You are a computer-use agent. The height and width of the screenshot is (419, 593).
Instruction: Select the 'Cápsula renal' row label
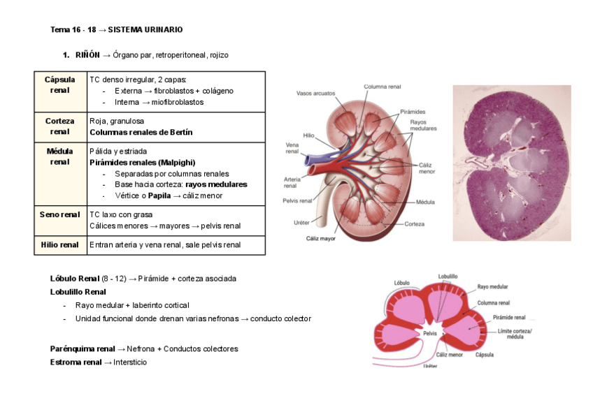click(x=59, y=85)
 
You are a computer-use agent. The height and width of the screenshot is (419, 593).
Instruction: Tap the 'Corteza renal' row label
click(x=59, y=126)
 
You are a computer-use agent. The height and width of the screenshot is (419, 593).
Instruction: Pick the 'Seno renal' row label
click(x=59, y=214)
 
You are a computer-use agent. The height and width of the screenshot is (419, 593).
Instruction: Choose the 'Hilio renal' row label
click(x=59, y=245)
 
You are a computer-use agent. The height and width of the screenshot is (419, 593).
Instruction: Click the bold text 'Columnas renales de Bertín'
click(x=141, y=132)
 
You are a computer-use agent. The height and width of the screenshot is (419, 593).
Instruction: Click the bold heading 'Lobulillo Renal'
click(x=78, y=292)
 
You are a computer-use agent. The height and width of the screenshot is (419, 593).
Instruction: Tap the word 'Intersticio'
click(x=130, y=362)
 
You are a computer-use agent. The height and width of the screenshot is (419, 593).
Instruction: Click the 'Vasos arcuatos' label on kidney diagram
click(x=315, y=93)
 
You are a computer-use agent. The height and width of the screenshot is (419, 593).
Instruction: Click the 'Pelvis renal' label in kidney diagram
click(x=298, y=201)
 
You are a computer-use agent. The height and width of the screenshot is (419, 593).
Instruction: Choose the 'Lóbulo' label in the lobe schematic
click(x=401, y=283)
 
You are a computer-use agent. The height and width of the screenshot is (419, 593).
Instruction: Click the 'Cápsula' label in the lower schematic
click(x=485, y=355)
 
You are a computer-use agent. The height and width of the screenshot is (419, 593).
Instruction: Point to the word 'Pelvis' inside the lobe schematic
click(x=430, y=333)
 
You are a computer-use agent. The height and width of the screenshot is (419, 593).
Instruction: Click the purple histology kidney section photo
click(x=511, y=163)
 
